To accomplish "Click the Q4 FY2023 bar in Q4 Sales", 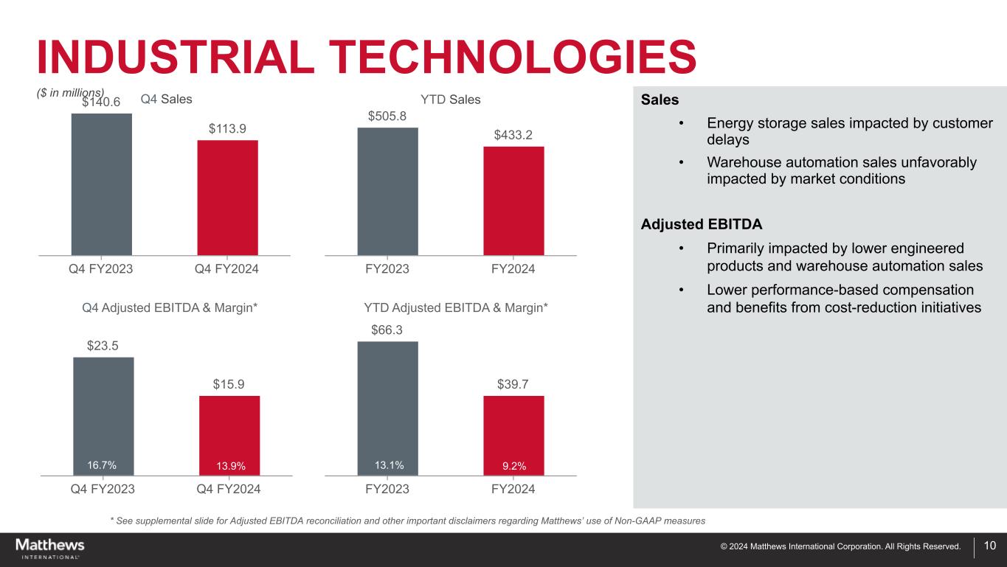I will pos(101,184).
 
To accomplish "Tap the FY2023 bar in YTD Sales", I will pos(387,191).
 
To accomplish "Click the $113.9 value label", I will pos(227,128).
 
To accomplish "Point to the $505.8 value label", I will pos(387,116).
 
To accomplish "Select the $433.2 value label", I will pos(513,134).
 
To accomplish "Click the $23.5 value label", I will pos(103,346).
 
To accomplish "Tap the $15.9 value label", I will pos(229,384).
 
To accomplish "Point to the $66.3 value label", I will pos(387,330).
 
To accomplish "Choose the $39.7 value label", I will pos(513,384).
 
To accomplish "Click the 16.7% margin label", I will pos(102,465).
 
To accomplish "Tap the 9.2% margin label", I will pos(514,466).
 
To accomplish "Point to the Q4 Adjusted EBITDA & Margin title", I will pos(170,307).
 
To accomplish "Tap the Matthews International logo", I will pos(50,549).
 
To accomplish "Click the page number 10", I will pos(990,546).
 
